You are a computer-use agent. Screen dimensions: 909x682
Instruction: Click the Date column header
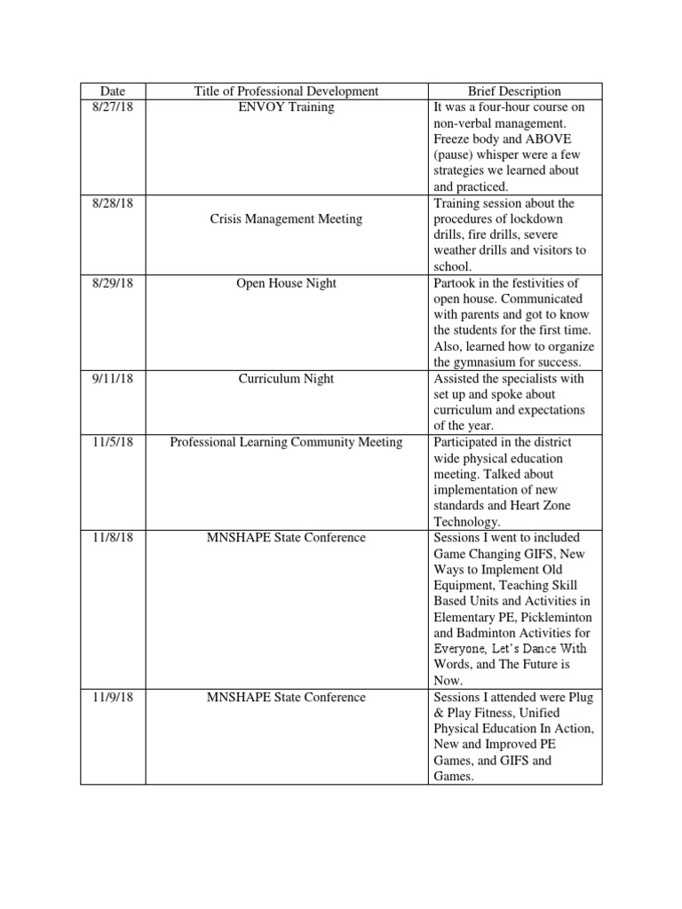point(113,91)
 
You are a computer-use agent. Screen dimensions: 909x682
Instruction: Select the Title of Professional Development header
point(286,91)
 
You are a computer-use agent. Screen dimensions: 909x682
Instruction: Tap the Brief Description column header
point(515,91)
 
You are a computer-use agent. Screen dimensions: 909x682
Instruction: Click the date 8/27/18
point(113,107)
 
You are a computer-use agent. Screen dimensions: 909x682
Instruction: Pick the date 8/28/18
point(113,203)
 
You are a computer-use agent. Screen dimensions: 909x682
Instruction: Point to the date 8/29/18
point(113,283)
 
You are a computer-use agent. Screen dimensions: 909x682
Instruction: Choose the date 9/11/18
point(113,378)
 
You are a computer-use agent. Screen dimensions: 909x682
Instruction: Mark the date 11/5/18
point(113,442)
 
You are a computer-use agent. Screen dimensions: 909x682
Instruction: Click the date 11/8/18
point(113,538)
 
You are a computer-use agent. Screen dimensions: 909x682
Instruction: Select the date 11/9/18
point(113,697)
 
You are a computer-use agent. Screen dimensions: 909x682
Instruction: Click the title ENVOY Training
point(286,107)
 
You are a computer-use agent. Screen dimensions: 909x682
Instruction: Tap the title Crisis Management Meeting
point(286,218)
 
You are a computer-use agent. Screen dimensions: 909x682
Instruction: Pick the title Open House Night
point(286,283)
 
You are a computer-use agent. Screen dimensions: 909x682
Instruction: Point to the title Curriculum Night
point(286,378)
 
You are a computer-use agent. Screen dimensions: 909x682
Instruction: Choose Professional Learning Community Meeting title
point(286,442)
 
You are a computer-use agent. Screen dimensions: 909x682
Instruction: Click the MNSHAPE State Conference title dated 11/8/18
point(286,538)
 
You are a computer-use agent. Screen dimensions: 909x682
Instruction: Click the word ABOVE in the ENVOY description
point(548,138)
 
